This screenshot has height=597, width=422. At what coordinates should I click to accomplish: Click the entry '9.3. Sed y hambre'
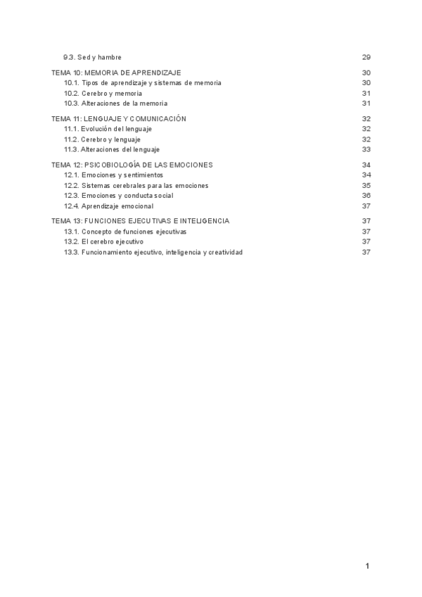93,57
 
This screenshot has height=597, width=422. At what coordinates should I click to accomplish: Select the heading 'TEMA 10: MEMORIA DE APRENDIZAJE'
117,73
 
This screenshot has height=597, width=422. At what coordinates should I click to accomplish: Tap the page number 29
366,57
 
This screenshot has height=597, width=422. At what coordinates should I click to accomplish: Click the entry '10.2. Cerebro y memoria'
103,93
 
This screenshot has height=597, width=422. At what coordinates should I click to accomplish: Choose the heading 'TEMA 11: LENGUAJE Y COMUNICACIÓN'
119,119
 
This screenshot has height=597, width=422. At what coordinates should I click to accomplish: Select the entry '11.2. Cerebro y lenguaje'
102,139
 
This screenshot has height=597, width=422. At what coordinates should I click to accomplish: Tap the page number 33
366,149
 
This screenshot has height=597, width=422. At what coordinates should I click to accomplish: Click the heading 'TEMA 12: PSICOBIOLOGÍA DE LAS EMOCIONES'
132,165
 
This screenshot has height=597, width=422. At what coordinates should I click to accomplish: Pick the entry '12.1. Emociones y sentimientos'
113,175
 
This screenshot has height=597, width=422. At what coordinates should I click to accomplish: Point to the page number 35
366,185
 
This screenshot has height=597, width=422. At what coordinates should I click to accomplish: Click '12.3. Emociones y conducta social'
118,195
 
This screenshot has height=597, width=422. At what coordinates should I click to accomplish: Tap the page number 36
366,195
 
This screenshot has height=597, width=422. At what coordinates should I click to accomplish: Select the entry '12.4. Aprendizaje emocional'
108,206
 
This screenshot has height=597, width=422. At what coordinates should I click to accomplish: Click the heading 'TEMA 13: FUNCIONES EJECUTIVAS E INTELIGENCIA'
140,221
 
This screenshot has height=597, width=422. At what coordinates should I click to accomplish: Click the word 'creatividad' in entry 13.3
226,252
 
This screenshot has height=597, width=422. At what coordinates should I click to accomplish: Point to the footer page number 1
367,565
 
